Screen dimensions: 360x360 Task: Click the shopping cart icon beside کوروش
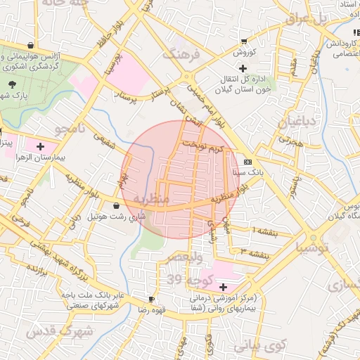(243, 41)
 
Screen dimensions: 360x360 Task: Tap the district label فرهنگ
(181, 53)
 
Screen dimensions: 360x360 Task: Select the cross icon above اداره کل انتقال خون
(243, 68)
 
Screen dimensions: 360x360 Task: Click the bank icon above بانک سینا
(247, 160)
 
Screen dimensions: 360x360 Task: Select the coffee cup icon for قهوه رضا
(151, 299)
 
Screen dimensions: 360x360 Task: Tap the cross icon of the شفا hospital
(224, 287)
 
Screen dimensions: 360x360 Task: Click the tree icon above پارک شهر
(12, 84)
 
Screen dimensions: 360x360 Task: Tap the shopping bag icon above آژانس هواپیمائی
(30, 44)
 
